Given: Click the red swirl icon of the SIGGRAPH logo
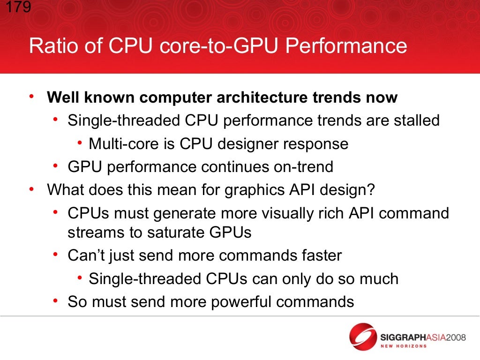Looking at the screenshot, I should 363,337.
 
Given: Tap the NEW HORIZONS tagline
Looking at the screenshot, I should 404,346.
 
